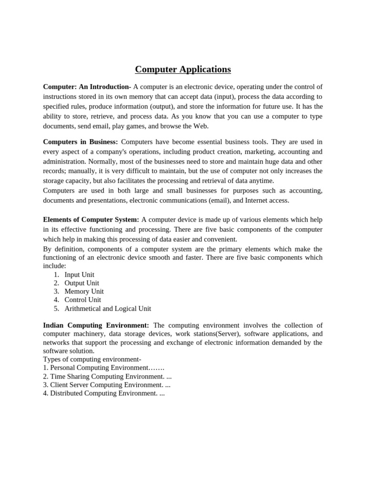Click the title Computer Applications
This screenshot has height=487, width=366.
pyautogui.click(x=183, y=69)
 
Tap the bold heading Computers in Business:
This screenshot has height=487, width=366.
pyautogui.click(x=80, y=142)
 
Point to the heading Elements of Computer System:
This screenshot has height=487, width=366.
pyautogui.click(x=91, y=220)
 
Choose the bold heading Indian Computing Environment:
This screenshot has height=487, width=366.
pyautogui.click(x=96, y=325)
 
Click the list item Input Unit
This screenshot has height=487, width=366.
pyautogui.click(x=79, y=274)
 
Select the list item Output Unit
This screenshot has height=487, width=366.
pyautogui.click(x=81, y=283)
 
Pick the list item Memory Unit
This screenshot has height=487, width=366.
pyautogui.click(x=84, y=292)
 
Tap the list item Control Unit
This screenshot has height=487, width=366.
pyautogui.click(x=82, y=300)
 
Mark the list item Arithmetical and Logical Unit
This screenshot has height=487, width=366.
pyautogui.click(x=108, y=308)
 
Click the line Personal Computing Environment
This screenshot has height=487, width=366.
pyautogui.click(x=103, y=368)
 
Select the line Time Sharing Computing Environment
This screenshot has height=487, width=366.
pyautogui.click(x=107, y=376)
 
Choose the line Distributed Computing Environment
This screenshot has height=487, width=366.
pyautogui.click(x=103, y=393)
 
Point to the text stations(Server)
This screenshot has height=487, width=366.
pyautogui.click(x=216, y=334)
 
